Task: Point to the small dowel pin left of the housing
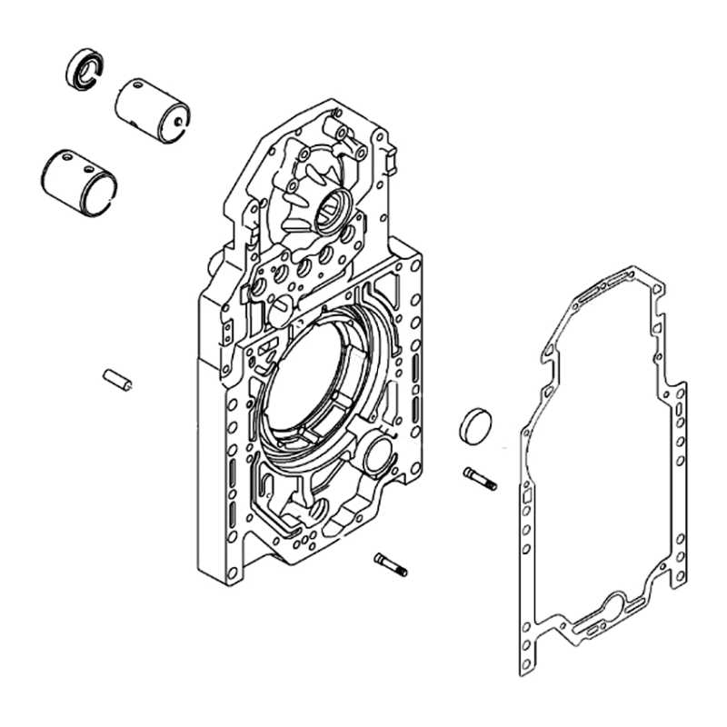(118, 378)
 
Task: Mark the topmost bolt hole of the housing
(336, 114)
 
